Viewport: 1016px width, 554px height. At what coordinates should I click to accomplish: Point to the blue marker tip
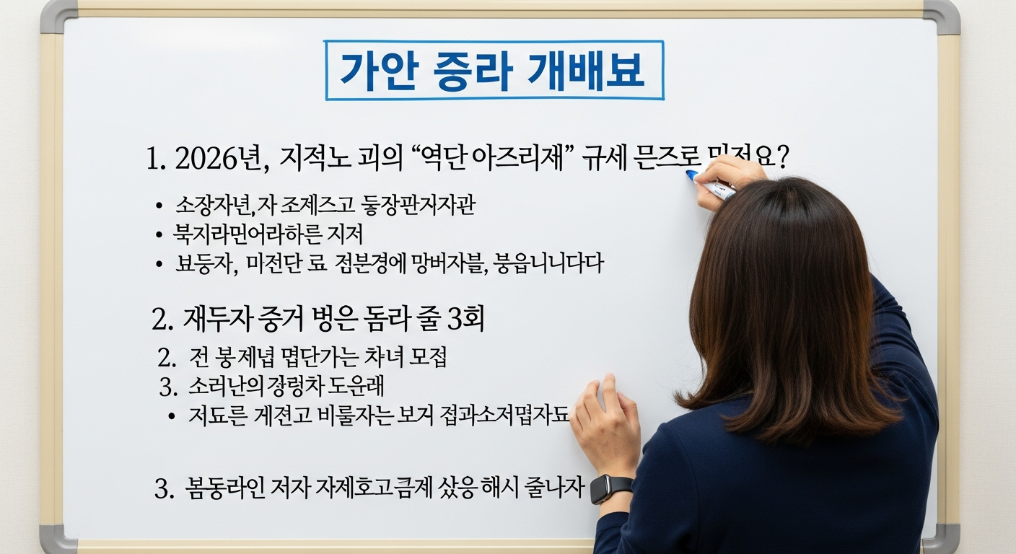(x=691, y=175)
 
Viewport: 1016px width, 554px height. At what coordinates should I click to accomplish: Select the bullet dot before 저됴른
(x=171, y=416)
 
